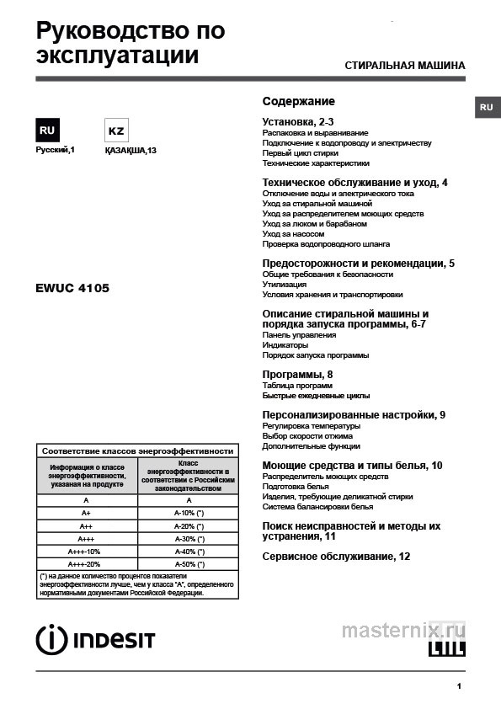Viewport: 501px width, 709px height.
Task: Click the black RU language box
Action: tap(47, 131)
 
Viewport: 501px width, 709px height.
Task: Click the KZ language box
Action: tap(115, 131)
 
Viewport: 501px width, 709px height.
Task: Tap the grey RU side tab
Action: tap(486, 108)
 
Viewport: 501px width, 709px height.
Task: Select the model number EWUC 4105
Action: tap(72, 287)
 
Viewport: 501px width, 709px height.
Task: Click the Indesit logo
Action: tap(95, 639)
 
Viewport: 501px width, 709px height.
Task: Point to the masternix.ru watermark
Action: tap(402, 629)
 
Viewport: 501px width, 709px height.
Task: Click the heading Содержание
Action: tap(298, 101)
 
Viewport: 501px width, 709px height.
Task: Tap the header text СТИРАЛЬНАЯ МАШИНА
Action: tap(404, 66)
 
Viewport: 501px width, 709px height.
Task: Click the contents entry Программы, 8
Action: tap(298, 374)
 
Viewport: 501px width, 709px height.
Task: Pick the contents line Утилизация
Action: tap(285, 285)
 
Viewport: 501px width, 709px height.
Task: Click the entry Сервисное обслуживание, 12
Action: tap(336, 557)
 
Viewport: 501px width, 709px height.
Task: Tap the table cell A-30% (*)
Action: tap(189, 538)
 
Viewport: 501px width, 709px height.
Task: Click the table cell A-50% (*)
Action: tap(189, 563)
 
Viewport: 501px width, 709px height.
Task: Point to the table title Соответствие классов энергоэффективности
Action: tap(137, 450)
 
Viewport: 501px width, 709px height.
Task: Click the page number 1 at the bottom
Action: tap(459, 686)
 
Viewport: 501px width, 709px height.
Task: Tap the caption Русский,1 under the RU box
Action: tap(56, 150)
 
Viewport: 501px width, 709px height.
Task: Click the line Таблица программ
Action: tap(297, 385)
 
